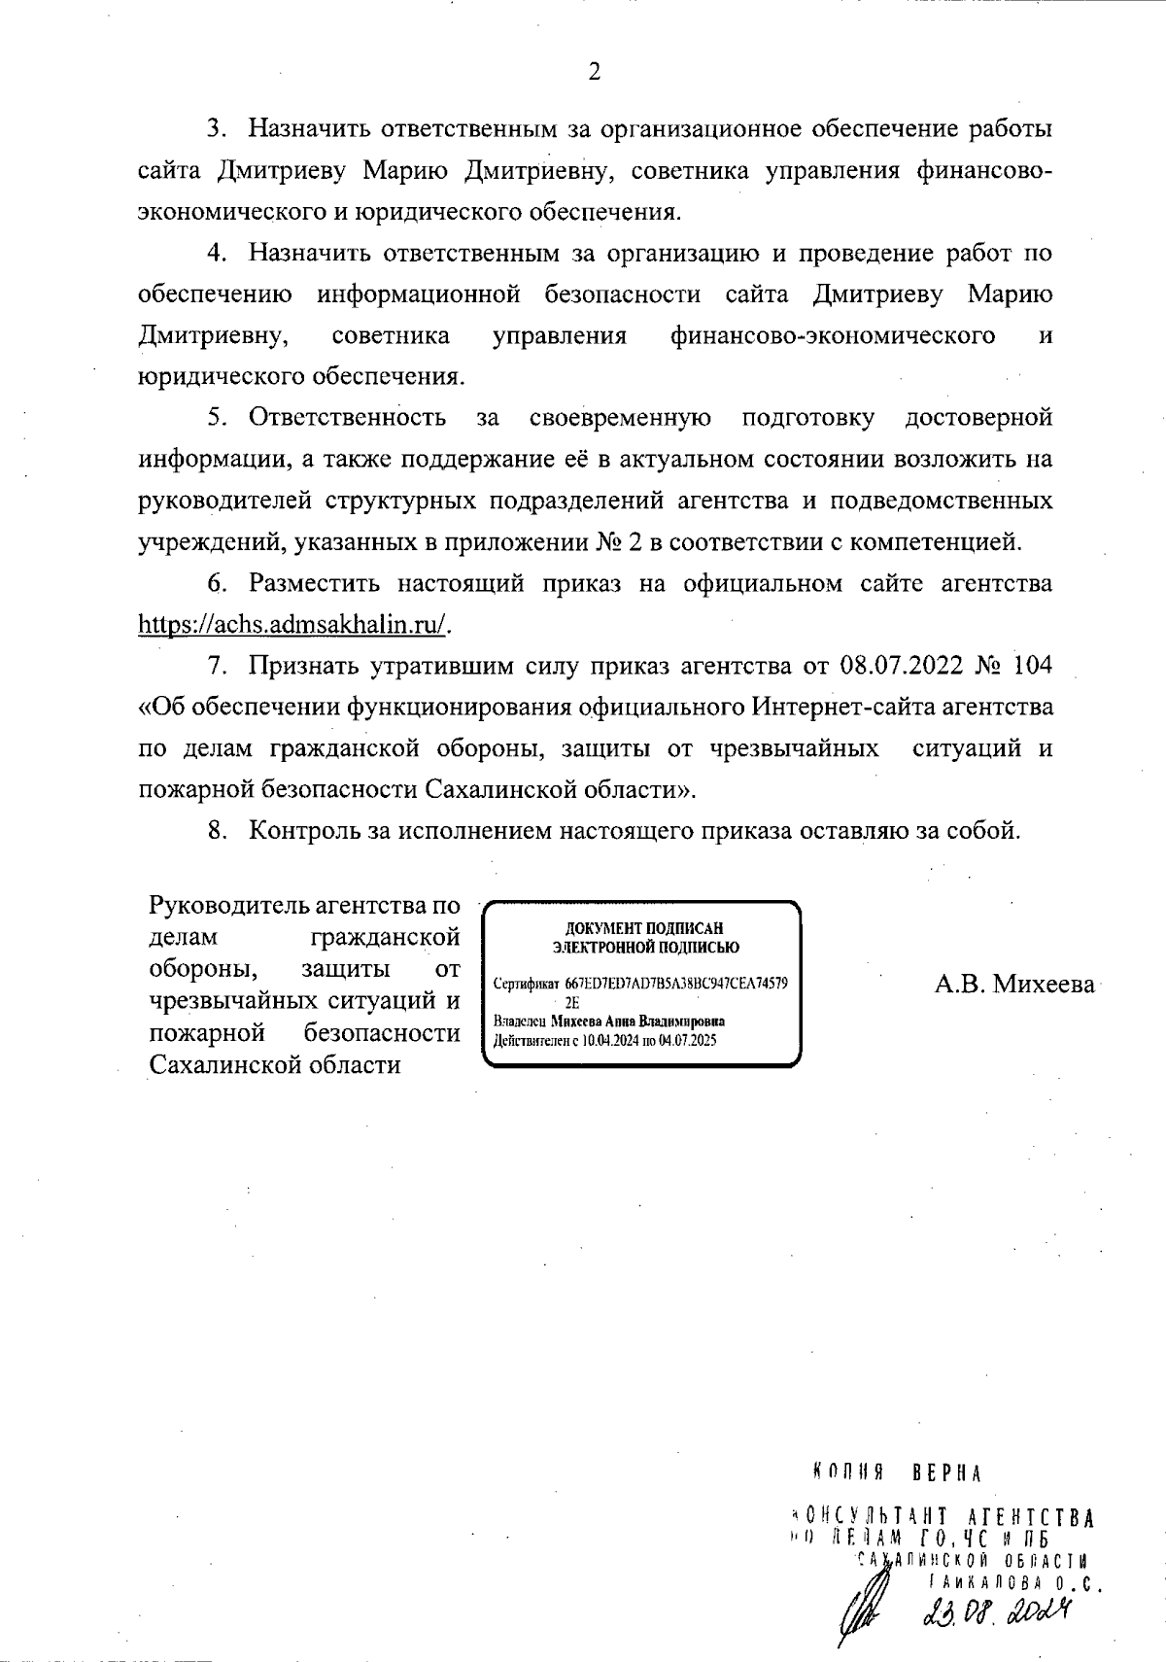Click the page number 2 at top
point(594,72)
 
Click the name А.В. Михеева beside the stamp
point(1014,985)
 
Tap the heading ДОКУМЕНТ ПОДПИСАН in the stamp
point(643,928)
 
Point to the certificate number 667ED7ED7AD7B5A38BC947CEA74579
point(676,984)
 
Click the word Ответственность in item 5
point(348,418)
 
